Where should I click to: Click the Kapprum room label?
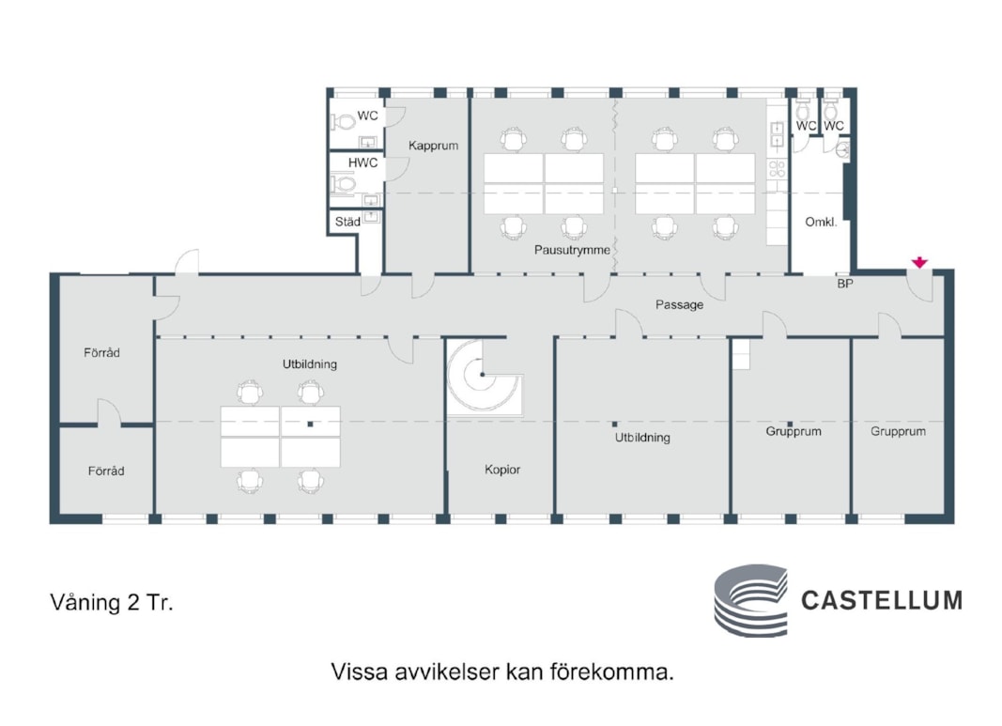(433, 147)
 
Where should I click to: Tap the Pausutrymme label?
(572, 251)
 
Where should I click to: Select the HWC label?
(362, 162)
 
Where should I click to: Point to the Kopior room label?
(502, 469)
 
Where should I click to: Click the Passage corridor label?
(679, 304)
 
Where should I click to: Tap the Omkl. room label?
(821, 223)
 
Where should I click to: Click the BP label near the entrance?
(845, 283)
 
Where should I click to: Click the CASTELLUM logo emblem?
(750, 600)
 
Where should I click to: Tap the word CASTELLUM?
(881, 600)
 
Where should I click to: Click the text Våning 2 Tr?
(112, 603)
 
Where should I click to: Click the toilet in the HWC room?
(343, 184)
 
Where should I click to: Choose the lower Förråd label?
(106, 471)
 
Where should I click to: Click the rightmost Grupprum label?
(898, 432)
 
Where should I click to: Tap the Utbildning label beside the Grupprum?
(642, 438)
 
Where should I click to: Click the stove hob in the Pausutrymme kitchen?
(777, 169)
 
